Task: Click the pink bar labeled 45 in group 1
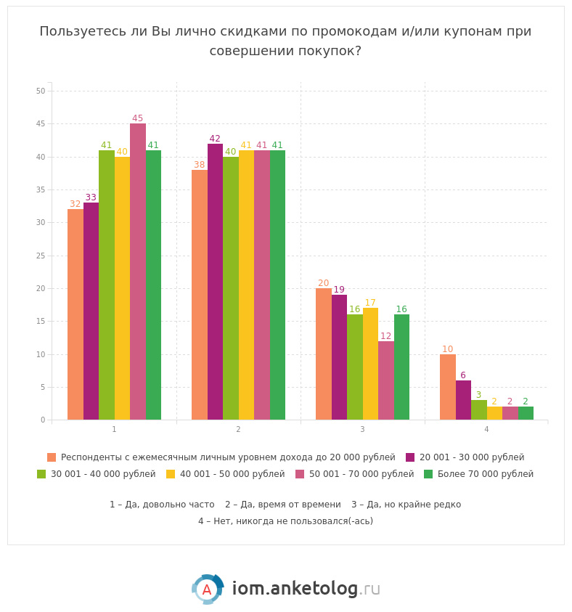[x=138, y=272]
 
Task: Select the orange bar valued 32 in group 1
[x=75, y=314]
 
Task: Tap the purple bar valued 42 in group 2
[x=215, y=282]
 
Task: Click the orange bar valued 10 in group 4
[x=448, y=387]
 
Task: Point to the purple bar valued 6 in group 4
[x=463, y=400]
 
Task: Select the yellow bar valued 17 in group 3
[x=370, y=364]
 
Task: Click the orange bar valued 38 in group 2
[x=200, y=295]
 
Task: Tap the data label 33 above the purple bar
[x=91, y=197]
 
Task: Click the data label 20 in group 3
[x=323, y=283]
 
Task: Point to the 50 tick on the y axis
[x=41, y=91]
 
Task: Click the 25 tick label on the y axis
[x=41, y=256]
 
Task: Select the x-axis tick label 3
[x=362, y=430]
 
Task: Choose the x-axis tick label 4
[x=486, y=430]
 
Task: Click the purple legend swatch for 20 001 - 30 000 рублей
[x=410, y=457]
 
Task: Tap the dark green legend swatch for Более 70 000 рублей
[x=428, y=474]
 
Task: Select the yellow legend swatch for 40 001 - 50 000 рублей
[x=171, y=474]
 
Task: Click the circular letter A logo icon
[x=207, y=589]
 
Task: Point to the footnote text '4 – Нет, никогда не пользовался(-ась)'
[x=285, y=521]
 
